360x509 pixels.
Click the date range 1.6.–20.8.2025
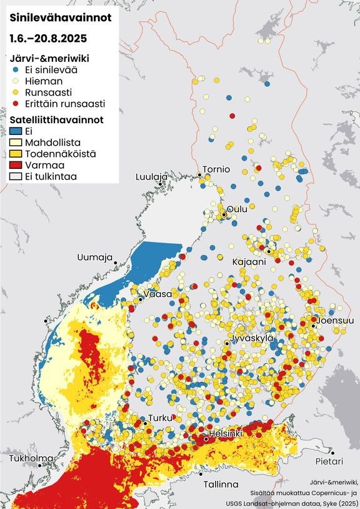pos(47,38)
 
